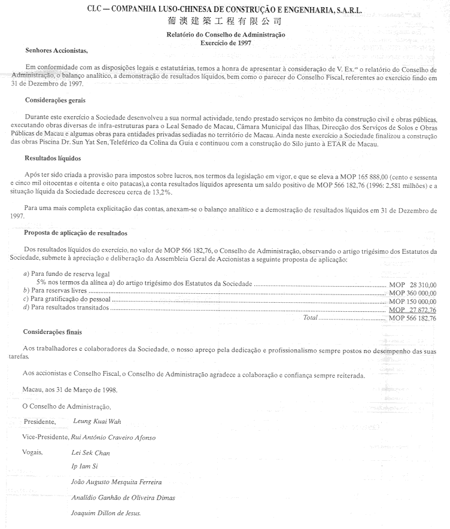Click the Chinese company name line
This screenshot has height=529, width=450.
(x=225, y=22)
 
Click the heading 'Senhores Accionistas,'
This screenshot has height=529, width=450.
(x=57, y=50)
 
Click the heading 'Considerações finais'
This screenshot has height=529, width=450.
(x=53, y=332)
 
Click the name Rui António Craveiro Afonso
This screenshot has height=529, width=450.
(x=113, y=437)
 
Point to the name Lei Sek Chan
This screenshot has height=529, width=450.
(x=90, y=453)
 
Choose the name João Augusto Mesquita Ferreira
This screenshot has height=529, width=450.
(x=116, y=482)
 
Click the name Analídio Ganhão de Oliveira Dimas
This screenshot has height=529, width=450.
(x=123, y=497)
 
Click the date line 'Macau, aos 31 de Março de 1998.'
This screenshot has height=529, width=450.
(x=70, y=390)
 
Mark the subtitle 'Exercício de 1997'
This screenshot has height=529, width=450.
(x=225, y=42)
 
